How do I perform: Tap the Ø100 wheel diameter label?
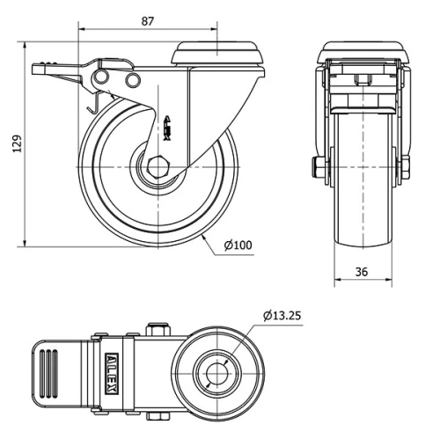click(x=238, y=245)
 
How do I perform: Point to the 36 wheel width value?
click(x=362, y=272)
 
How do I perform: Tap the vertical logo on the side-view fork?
click(x=169, y=126)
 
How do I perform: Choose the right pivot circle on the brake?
click(x=133, y=81)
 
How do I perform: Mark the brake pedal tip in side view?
click(x=37, y=68)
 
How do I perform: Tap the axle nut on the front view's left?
click(x=316, y=166)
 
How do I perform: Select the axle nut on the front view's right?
click(x=407, y=166)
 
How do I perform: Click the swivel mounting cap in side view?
click(x=217, y=54)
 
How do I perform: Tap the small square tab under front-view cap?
click(x=361, y=81)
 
